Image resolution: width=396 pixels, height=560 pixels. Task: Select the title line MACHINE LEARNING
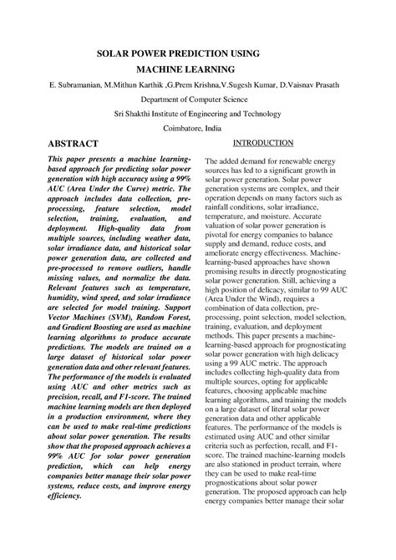click(198, 69)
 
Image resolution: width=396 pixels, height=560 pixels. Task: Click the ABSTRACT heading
click(75, 144)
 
